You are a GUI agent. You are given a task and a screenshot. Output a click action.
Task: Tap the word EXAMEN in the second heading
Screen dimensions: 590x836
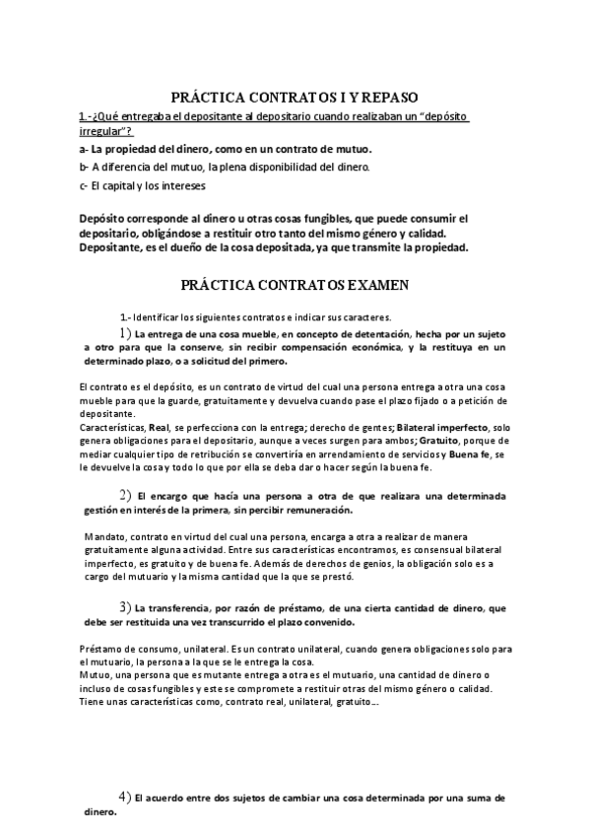click(x=375, y=285)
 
